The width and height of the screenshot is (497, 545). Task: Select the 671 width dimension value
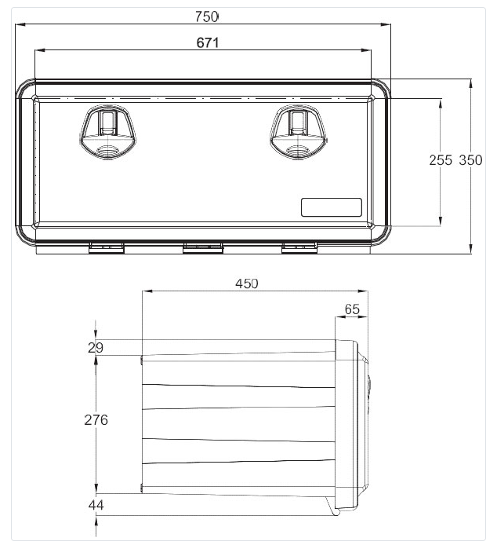tap(207, 42)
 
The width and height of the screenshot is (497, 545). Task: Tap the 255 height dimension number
tap(441, 159)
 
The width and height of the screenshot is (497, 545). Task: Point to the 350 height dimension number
tap(470, 159)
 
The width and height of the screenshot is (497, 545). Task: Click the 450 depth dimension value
tap(247, 283)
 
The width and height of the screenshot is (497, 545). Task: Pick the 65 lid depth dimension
tap(352, 309)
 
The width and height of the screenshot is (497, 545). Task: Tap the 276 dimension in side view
tap(96, 419)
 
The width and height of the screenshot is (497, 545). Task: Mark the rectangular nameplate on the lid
tap(332, 207)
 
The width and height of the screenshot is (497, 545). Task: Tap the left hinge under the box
tap(107, 249)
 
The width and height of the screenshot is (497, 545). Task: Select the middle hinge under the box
tap(202, 249)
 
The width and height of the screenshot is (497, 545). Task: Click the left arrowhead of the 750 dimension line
tap(21, 24)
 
